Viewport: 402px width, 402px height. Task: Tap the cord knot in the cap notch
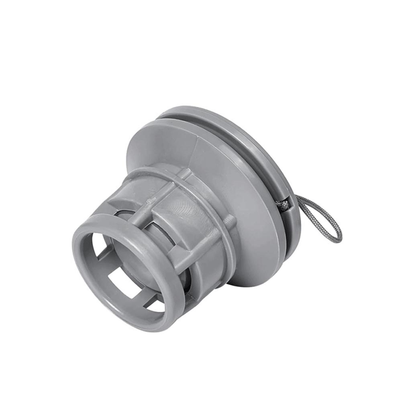[283, 204]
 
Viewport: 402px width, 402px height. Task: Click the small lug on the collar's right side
[230, 221]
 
